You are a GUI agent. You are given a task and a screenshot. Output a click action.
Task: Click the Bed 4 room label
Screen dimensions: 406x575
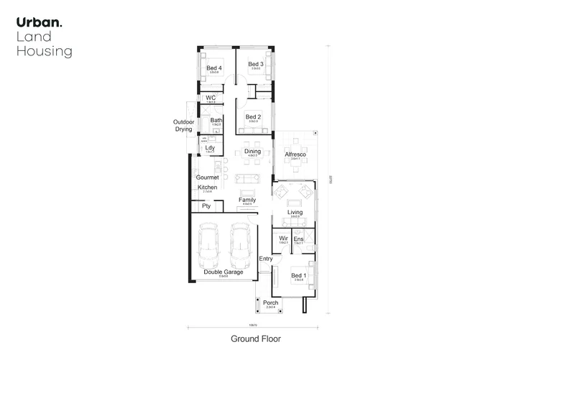point(214,68)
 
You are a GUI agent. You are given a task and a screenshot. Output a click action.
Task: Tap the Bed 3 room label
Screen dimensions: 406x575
point(256,65)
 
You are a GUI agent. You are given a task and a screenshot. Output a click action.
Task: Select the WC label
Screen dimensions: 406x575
point(211,98)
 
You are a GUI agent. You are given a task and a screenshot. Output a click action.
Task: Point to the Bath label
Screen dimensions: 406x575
point(216,120)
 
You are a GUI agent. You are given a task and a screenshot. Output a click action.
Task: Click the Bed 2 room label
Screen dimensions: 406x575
point(252,117)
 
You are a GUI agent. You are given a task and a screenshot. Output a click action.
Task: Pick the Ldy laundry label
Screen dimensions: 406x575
point(210,148)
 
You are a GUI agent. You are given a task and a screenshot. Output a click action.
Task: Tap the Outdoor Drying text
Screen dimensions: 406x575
point(183,126)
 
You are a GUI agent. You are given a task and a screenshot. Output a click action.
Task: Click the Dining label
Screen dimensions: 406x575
point(252,152)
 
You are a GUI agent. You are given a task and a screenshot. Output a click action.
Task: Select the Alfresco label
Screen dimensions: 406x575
point(296,154)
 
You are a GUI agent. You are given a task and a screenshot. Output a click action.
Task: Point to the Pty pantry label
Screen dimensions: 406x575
point(206,206)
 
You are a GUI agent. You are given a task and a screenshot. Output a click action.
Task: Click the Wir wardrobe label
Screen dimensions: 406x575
point(283,238)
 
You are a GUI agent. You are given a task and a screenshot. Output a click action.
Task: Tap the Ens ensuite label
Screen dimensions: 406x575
point(298,238)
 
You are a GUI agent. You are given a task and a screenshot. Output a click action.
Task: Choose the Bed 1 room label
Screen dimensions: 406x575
point(298,275)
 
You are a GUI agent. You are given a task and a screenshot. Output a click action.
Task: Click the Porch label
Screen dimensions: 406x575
point(270,303)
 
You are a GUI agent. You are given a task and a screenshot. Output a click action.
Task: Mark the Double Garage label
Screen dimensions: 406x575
point(223,272)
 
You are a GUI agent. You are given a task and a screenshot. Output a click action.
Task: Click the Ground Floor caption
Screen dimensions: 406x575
point(255,338)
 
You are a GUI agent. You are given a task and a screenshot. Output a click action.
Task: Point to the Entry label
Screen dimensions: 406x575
point(266,259)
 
